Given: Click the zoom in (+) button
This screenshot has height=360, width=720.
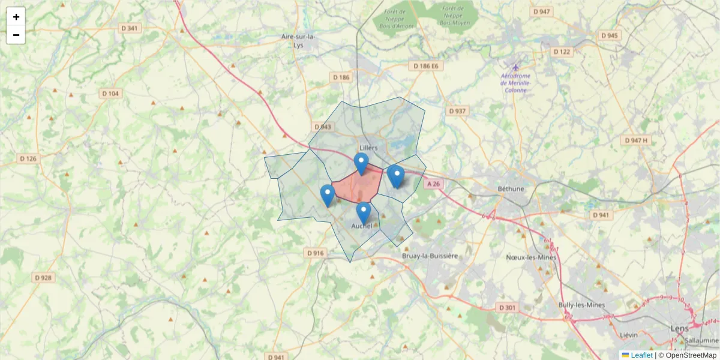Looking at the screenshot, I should (16, 17).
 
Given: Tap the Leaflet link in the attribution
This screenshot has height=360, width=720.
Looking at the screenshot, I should (641, 355).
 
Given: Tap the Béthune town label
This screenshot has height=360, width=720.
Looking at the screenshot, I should (511, 188).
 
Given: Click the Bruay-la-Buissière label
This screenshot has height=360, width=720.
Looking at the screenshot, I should (430, 256).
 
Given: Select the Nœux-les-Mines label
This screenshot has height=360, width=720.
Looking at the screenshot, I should (531, 257).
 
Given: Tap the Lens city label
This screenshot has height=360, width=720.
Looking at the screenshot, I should (679, 329).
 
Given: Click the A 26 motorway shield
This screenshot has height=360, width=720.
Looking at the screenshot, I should (434, 184).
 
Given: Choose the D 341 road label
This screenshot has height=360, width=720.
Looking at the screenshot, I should (130, 28).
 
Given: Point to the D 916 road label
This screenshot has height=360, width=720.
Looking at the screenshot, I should (316, 253).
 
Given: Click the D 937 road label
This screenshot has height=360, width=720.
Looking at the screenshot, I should (458, 111).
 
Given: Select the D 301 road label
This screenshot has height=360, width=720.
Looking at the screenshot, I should (508, 307).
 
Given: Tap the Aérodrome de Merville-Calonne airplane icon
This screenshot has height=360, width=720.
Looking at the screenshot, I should (515, 67).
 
